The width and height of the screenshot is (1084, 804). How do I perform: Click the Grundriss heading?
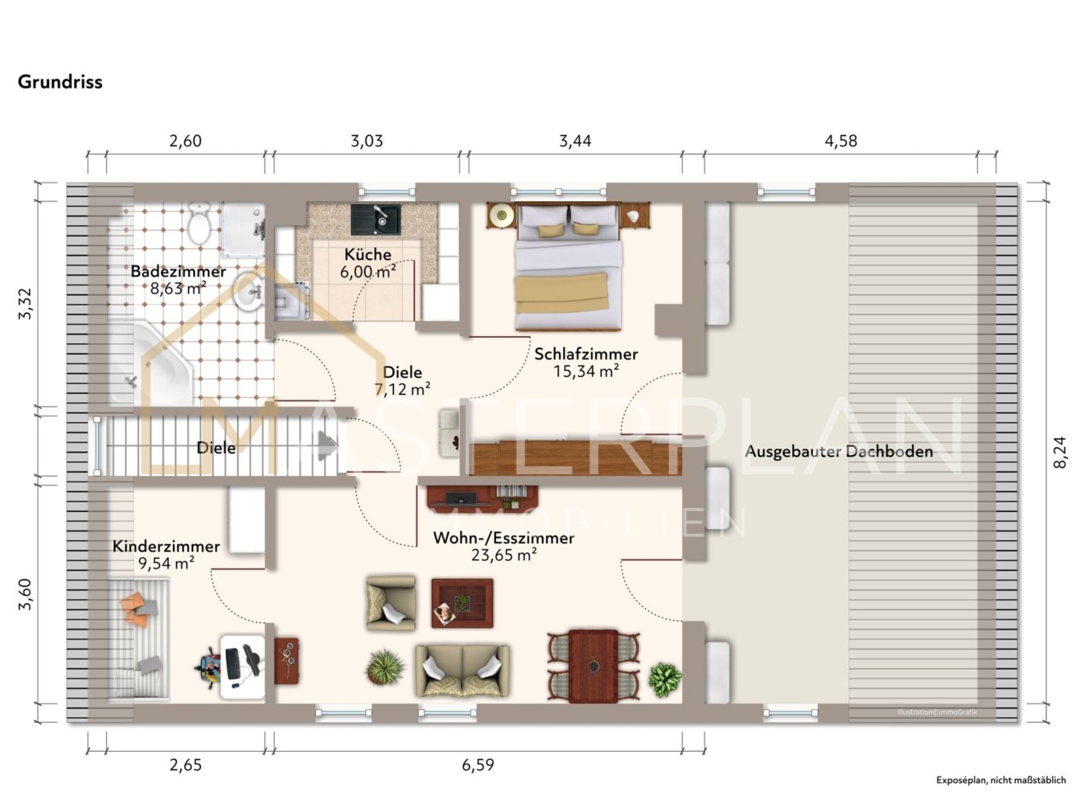(60, 82)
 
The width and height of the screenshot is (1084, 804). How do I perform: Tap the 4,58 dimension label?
(840, 142)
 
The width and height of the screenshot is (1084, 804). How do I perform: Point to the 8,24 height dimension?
(1059, 452)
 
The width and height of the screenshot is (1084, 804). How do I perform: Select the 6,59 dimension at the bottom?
(478, 765)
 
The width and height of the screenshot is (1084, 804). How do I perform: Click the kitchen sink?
(376, 219)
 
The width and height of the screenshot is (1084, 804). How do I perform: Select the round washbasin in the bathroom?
(248, 292)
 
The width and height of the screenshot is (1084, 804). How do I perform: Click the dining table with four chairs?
(593, 666)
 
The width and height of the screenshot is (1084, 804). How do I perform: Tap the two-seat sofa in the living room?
(462, 671)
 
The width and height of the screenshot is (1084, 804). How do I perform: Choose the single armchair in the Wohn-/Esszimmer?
(391, 603)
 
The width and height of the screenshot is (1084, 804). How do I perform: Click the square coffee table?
(462, 603)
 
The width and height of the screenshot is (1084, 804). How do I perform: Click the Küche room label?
(367, 255)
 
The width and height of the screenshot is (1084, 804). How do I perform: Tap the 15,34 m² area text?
(586, 371)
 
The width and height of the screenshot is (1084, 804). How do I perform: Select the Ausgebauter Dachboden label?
(839, 451)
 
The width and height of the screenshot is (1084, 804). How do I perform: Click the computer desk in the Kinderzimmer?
(242, 667)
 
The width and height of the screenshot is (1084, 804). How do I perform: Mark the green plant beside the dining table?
(665, 679)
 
